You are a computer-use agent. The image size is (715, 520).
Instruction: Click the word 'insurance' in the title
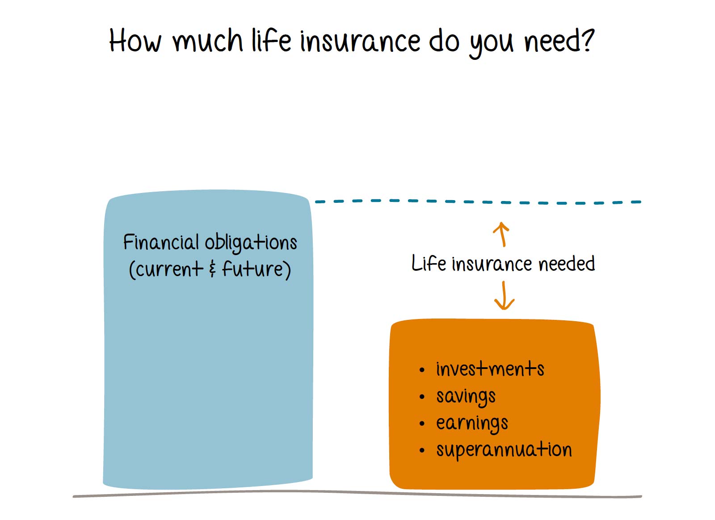(x=360, y=41)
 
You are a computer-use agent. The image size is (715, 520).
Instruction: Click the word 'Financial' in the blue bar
(x=161, y=242)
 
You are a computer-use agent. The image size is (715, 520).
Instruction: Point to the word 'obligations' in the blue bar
(x=251, y=243)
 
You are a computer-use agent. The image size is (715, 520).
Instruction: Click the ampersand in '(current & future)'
(x=213, y=269)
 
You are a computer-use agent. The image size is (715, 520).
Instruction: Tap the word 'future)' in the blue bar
(x=257, y=269)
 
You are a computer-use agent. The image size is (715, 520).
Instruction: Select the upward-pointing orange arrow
(x=501, y=234)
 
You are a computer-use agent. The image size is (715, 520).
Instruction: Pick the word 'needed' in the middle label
(x=567, y=264)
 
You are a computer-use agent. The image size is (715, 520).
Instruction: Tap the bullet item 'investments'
(x=490, y=369)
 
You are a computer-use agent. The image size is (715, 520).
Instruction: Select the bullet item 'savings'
(x=466, y=397)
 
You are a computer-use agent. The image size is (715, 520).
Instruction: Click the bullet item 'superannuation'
(x=504, y=450)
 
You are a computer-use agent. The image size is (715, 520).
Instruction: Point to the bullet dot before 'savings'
(x=422, y=397)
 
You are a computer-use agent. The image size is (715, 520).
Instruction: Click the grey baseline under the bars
(x=357, y=493)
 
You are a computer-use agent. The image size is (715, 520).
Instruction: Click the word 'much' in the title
(x=208, y=41)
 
